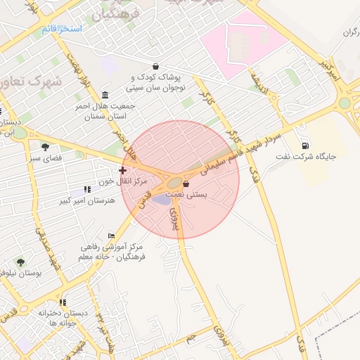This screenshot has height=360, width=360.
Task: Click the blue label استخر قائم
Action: pos(62,28)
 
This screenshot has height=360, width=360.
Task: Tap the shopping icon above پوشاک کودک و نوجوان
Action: pos(155,66)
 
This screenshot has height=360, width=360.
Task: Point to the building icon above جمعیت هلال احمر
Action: pos(105,95)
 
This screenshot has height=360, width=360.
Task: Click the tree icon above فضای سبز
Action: pos(46,147)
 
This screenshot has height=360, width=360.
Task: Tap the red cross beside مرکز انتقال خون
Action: pos(123,169)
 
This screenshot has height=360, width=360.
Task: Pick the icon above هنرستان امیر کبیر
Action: pos(87,189)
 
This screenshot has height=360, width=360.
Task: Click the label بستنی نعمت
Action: pos(186,195)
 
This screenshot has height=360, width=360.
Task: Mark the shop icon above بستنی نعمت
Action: pos(186,184)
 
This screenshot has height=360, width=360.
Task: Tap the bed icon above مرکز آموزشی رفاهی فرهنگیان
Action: pos(111,236)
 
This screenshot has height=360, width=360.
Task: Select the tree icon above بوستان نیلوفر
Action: pos(20,262)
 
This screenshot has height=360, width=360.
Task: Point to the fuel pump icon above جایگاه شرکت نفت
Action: pos(304,145)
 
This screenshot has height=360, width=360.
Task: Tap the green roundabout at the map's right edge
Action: pos(345,103)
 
